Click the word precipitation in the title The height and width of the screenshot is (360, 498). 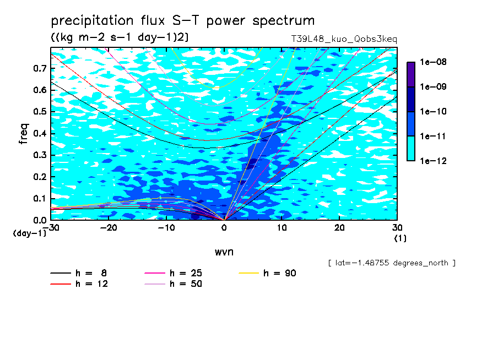pos(92,21)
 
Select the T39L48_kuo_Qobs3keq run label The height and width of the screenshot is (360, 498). pos(344,39)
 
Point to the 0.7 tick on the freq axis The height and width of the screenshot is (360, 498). pos(40,68)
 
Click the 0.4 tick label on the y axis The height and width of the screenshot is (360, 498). pos(40,133)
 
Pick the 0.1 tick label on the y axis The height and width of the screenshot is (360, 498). pos(40,198)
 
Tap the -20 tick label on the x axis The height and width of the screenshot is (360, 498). pos(109,228)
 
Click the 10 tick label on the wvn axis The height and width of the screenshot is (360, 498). pos(282,228)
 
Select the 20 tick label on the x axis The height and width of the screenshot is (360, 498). pos(339,228)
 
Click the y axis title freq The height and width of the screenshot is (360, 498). pos(24,134)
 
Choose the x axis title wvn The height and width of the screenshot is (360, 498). pos(224,252)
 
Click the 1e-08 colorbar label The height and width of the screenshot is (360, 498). pos(433,62)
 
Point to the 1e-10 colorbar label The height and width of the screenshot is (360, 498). pos(433,111)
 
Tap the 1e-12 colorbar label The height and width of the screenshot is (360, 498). pos(433,161)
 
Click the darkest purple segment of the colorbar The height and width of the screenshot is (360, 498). pos(411,74)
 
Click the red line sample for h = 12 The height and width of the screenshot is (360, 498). pos(61,284)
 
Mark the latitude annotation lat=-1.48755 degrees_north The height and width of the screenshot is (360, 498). pos(392,263)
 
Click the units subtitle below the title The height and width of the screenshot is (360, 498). pos(120,37)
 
